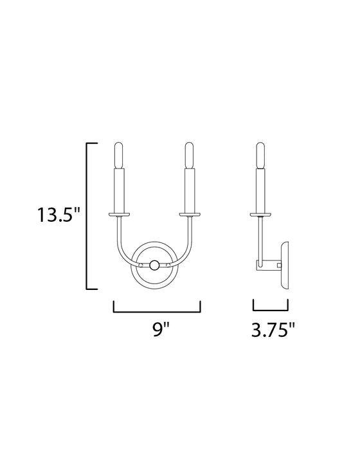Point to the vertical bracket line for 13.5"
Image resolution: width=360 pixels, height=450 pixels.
[88, 215]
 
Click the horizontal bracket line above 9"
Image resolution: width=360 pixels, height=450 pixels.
[157, 310]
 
